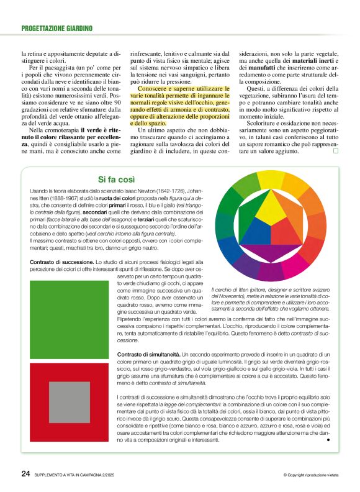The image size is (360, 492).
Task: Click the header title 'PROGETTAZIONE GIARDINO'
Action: click(x=56, y=29)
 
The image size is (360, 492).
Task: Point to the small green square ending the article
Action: click(x=336, y=150)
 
